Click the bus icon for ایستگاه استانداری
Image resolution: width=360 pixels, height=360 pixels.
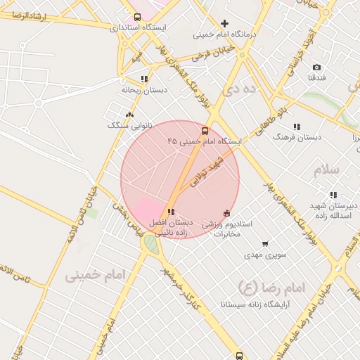(137, 17)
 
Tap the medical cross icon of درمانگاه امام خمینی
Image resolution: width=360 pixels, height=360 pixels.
(225, 23)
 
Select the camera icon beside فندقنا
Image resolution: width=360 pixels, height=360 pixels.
(316, 67)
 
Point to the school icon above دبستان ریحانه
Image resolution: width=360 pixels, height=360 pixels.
(144, 79)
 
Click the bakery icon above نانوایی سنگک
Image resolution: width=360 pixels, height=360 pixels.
(129, 114)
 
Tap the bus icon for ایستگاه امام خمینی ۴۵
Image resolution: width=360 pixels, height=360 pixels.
(205, 131)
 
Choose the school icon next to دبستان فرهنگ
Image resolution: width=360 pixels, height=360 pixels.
(297, 127)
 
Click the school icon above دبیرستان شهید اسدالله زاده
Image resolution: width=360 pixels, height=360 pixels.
(333, 195)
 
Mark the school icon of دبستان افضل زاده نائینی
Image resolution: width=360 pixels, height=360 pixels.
(171, 212)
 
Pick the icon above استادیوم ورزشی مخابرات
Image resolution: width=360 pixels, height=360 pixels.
(226, 213)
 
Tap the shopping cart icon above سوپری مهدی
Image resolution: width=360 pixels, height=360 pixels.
(265, 244)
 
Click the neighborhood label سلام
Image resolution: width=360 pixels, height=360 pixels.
(327, 171)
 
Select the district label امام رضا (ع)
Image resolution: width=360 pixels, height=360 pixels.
(274, 288)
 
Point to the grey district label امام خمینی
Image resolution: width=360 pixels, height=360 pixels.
(95, 275)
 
